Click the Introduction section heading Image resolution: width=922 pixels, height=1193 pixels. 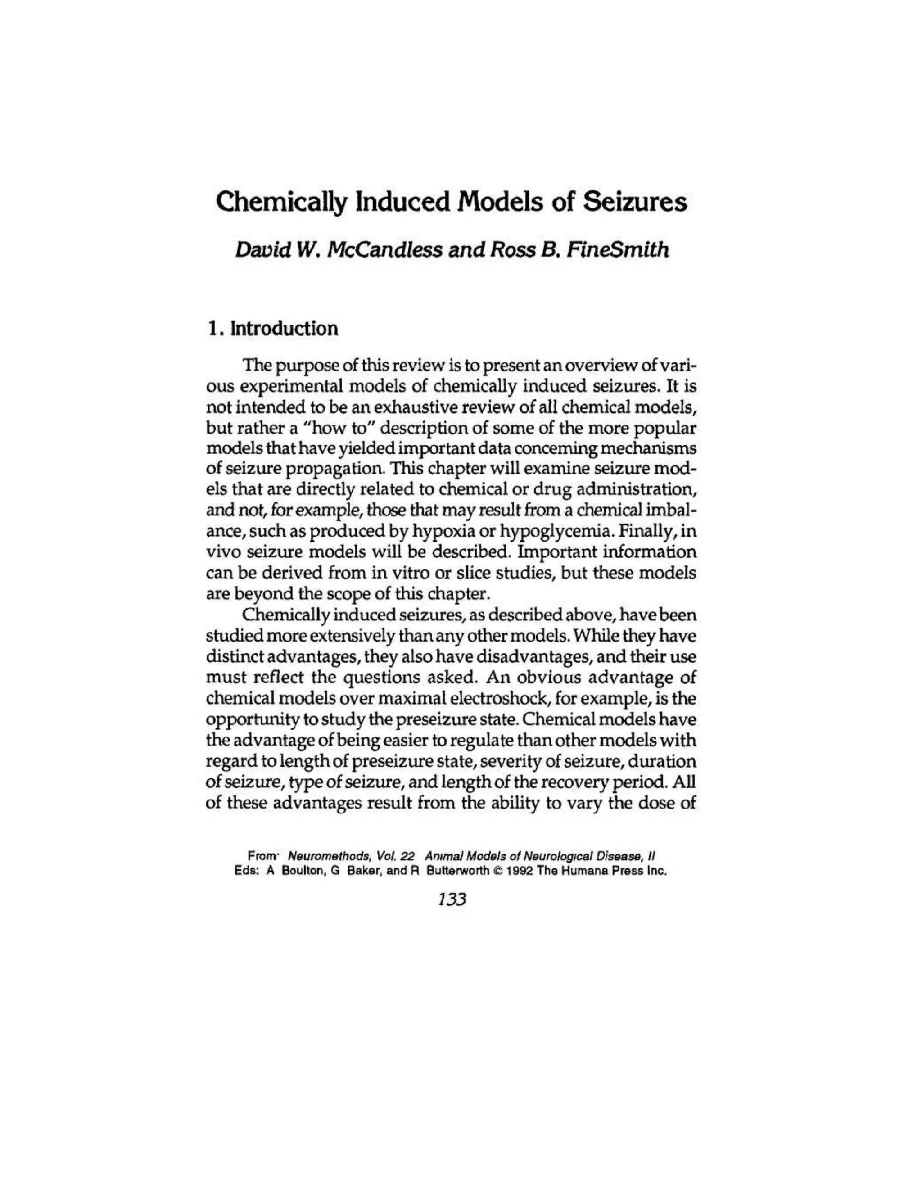click(284, 328)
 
